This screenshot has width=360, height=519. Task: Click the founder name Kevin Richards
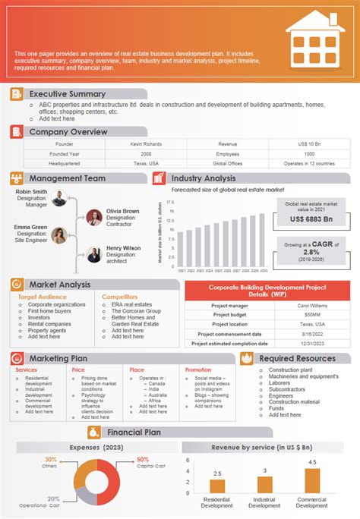click(146, 143)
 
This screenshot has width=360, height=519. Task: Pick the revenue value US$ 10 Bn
click(309, 143)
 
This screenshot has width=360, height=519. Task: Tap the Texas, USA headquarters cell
click(146, 163)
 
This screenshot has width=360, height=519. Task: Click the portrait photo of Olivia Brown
click(94, 217)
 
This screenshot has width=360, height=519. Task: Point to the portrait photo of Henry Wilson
click(94, 254)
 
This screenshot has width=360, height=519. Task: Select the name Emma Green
click(31, 226)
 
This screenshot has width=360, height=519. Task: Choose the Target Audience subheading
click(43, 297)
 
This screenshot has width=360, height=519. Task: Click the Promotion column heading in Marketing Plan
click(198, 370)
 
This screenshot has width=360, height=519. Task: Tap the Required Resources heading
click(297, 358)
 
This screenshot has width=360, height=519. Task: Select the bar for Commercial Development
click(312, 481)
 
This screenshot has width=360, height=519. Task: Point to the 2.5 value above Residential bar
click(217, 472)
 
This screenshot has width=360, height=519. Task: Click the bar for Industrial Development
click(264, 486)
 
